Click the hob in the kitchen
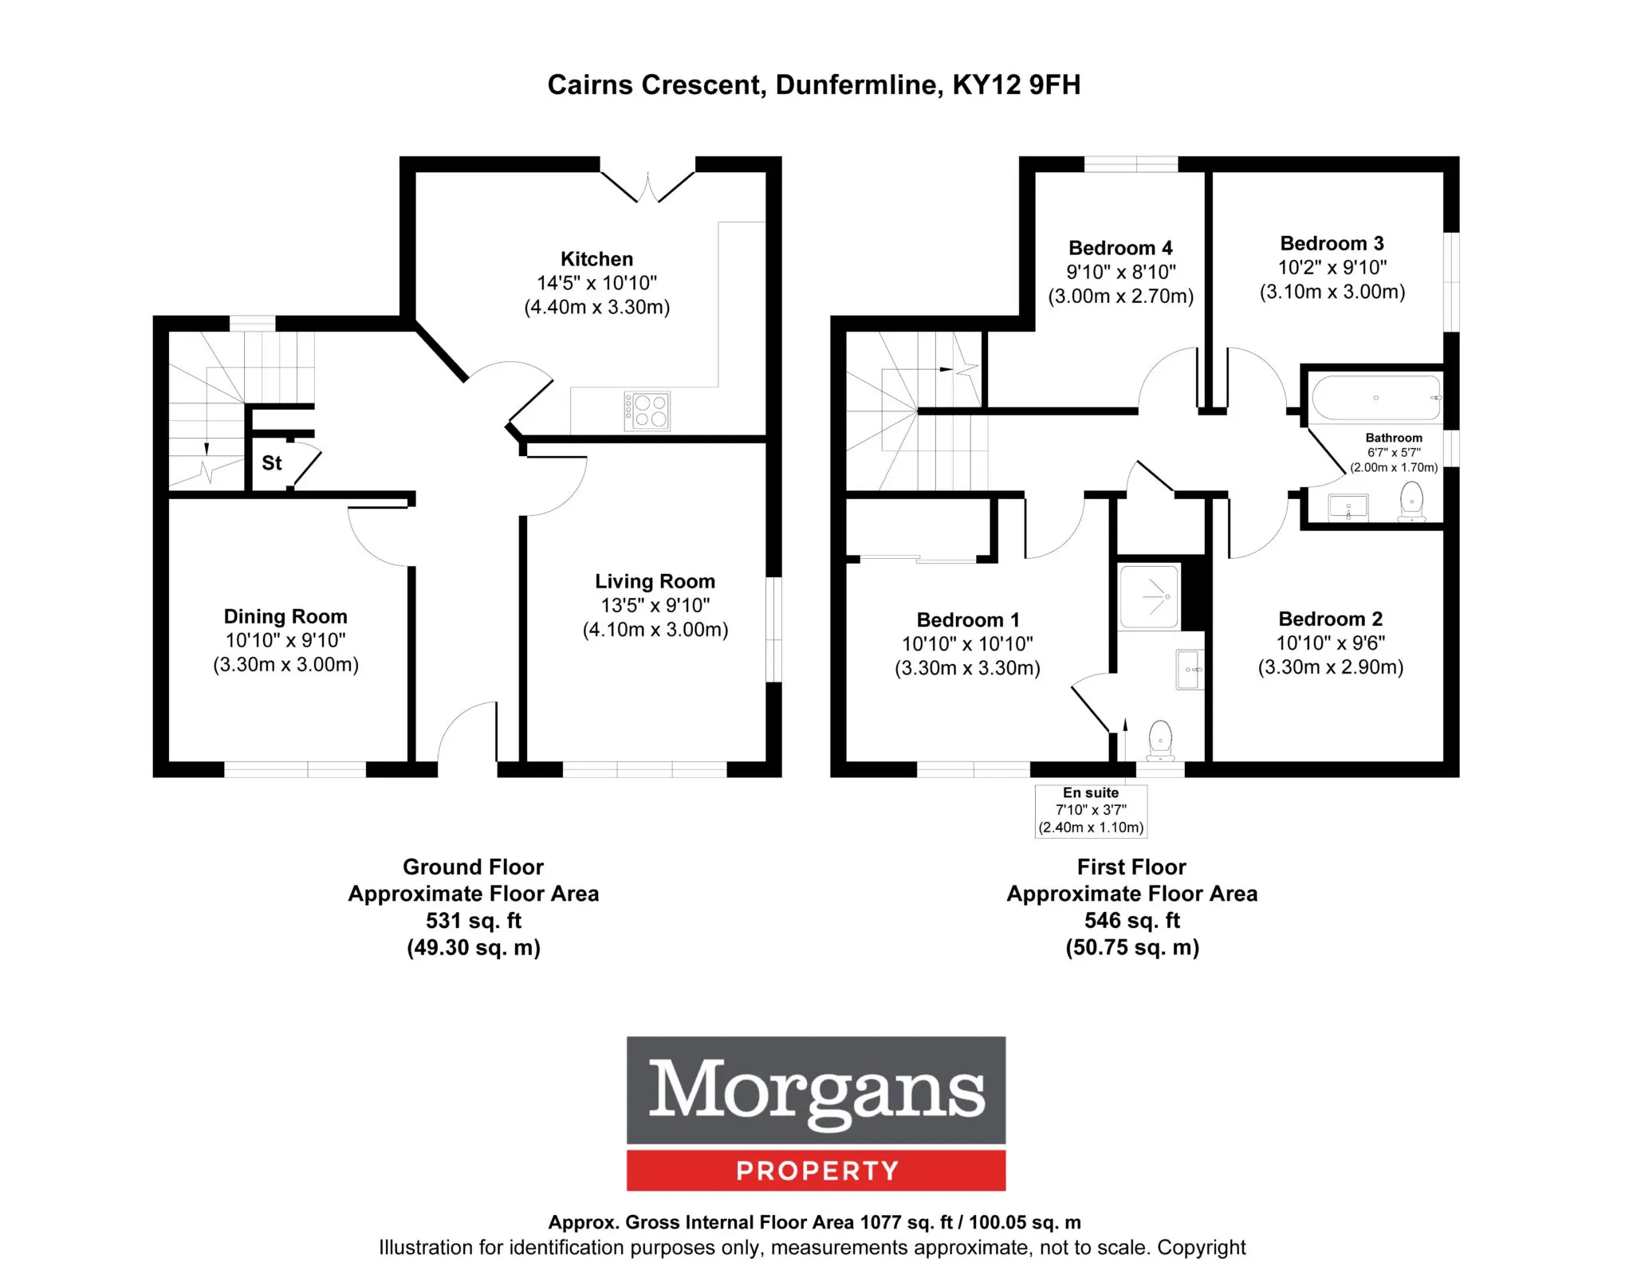647,411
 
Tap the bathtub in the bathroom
1376,398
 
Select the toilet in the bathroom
1412,501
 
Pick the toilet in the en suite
1160,741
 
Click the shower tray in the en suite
1149,597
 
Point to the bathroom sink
1348,507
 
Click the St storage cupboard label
272,463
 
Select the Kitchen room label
596,259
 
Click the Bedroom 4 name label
1120,248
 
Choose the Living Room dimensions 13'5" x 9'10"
655,606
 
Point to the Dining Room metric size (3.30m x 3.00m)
285,665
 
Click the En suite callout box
1091,811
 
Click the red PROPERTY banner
816,1170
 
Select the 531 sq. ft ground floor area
474,921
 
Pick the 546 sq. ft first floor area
1132,921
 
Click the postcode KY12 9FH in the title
1017,85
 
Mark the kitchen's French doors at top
647,183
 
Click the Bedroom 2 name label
1330,619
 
